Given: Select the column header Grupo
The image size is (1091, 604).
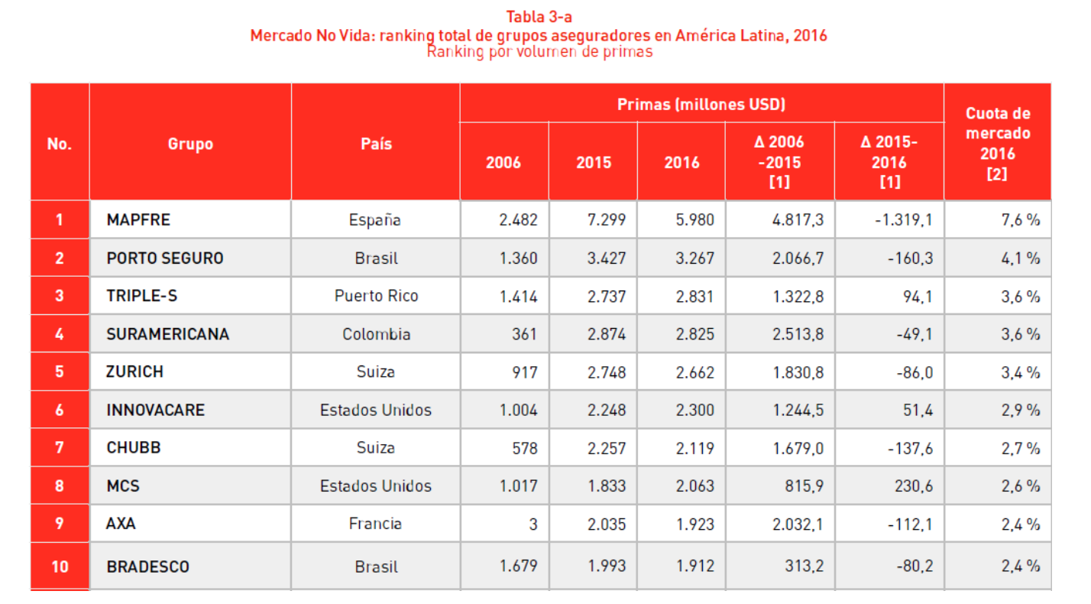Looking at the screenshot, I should click(x=190, y=144).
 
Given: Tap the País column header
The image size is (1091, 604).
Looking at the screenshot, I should click(x=375, y=144).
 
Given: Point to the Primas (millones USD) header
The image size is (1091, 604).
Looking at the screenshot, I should click(x=701, y=104).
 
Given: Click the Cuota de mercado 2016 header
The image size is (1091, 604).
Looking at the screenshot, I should click(x=997, y=144).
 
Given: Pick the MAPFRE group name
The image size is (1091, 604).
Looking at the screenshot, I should click(x=138, y=220).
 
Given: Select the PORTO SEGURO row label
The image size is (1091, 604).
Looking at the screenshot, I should click(x=165, y=258).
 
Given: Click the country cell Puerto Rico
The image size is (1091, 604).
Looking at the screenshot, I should click(x=376, y=296).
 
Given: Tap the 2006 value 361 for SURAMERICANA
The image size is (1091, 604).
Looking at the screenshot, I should click(x=525, y=334).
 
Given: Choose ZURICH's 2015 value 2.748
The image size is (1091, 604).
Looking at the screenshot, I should click(x=607, y=372).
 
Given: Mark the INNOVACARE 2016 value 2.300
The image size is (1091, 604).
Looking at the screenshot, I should click(x=694, y=411).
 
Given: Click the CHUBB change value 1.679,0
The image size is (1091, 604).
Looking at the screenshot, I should click(x=798, y=448).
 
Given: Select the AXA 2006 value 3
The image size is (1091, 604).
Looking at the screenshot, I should click(x=533, y=524).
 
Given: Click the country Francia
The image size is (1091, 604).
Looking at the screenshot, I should click(x=375, y=524).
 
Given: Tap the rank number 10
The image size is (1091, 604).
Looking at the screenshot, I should click(x=60, y=567).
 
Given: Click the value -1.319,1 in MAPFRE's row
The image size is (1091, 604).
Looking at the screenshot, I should click(x=904, y=220).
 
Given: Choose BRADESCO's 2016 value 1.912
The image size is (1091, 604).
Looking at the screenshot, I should click(x=694, y=567).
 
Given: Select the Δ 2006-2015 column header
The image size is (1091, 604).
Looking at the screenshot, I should click(x=779, y=162).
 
